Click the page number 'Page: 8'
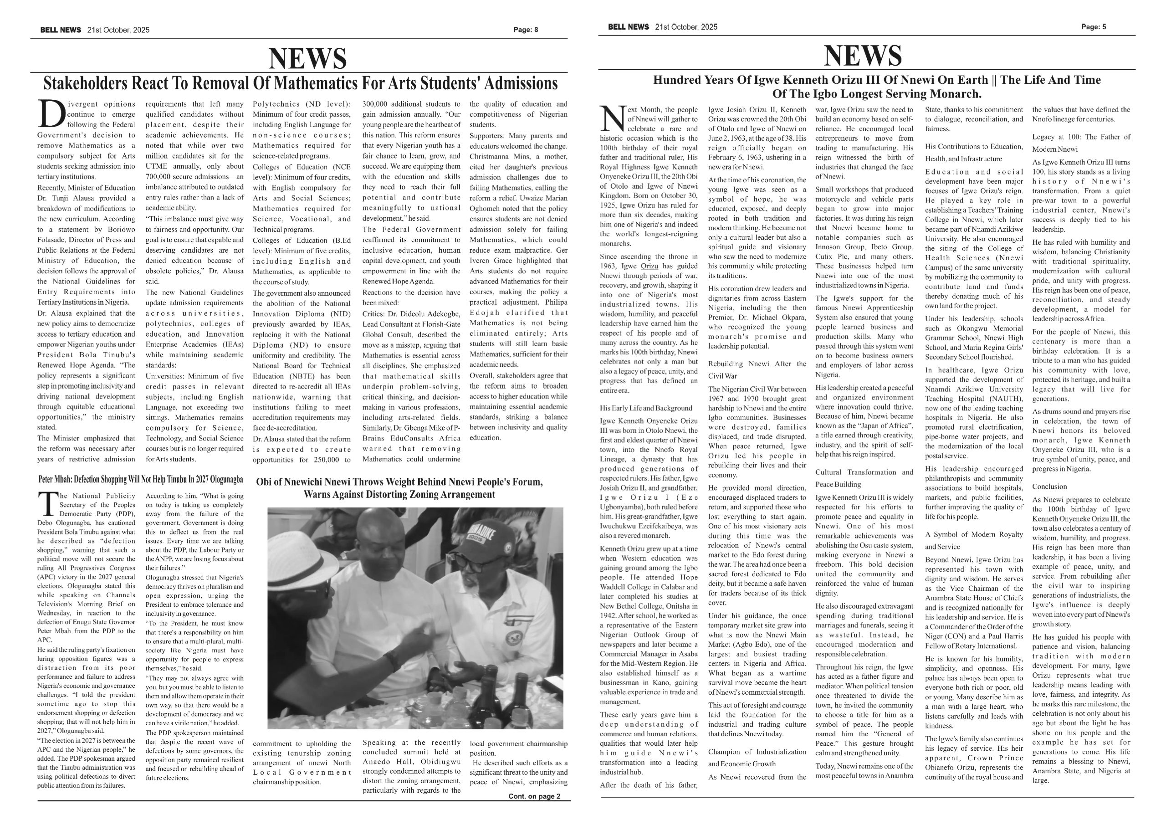tap(526, 30)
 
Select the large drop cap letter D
tap(51, 114)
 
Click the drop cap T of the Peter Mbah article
tap(47, 503)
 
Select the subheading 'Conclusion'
tap(1050, 486)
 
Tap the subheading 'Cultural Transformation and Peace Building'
tap(864, 478)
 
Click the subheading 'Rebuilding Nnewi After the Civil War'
tap(757, 369)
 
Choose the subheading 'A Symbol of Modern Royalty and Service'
tap(973, 540)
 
